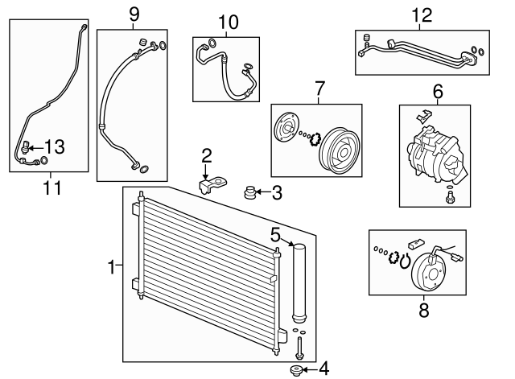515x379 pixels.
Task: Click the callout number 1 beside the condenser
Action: coord(113,263)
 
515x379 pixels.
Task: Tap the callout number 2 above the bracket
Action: coord(206,154)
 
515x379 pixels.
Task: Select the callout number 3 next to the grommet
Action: coord(276,192)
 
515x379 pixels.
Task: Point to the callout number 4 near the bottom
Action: coord(323,369)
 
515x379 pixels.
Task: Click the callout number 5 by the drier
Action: coord(275,236)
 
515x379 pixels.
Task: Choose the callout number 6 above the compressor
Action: coord(438,93)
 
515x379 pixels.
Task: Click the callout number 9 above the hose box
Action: coord(133,14)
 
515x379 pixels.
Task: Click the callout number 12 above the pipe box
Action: coord(421,14)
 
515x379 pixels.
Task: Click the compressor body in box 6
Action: coord(435,154)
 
